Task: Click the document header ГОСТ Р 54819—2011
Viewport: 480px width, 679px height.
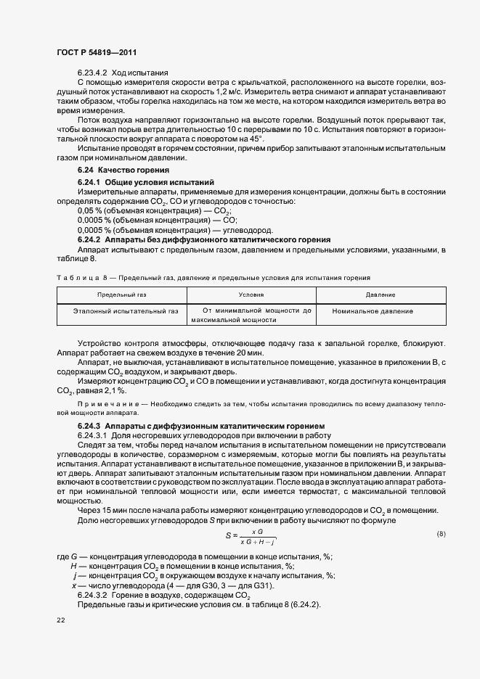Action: point(96,52)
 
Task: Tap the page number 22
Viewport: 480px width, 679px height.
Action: point(60,621)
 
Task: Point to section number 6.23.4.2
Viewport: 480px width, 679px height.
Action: point(92,73)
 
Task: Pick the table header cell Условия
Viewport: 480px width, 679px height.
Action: point(251,295)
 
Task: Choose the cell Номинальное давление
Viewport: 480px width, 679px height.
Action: point(373,311)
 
